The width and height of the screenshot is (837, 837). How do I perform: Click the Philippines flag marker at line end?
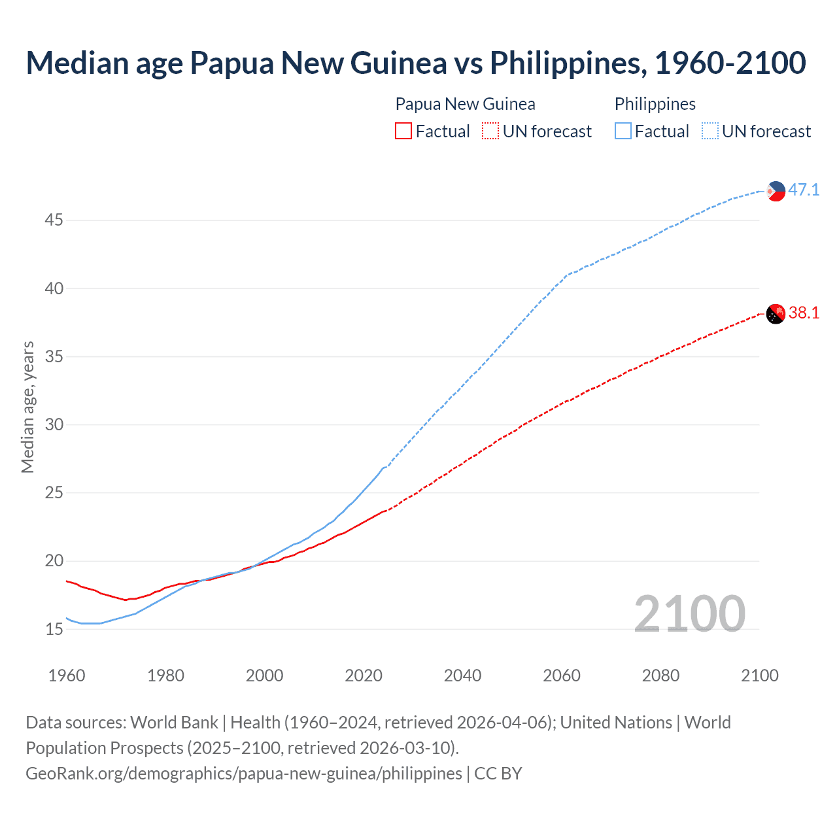(x=776, y=191)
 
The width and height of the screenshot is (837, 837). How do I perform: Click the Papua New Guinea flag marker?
(x=776, y=314)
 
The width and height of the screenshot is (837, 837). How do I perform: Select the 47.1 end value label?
(x=804, y=190)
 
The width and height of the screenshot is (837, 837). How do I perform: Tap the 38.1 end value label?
(x=804, y=313)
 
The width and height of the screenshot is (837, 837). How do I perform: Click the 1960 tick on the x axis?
(x=67, y=675)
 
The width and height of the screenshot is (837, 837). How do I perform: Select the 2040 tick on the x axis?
(x=462, y=675)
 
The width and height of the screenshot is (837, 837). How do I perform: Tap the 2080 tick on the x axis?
(x=660, y=675)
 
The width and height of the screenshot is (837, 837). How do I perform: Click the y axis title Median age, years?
(x=27, y=407)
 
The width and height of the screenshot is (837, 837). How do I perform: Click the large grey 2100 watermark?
(x=689, y=613)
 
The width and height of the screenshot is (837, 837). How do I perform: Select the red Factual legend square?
(x=403, y=131)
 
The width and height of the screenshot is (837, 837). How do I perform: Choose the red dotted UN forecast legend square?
(x=490, y=131)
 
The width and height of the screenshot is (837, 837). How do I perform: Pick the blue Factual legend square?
(x=623, y=131)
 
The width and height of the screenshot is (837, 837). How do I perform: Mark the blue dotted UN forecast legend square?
(x=710, y=131)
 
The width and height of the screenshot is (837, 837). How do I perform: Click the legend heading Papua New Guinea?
(x=465, y=104)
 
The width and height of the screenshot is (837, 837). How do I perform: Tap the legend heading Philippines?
(x=655, y=104)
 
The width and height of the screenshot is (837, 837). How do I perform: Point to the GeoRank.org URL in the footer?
(x=244, y=774)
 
